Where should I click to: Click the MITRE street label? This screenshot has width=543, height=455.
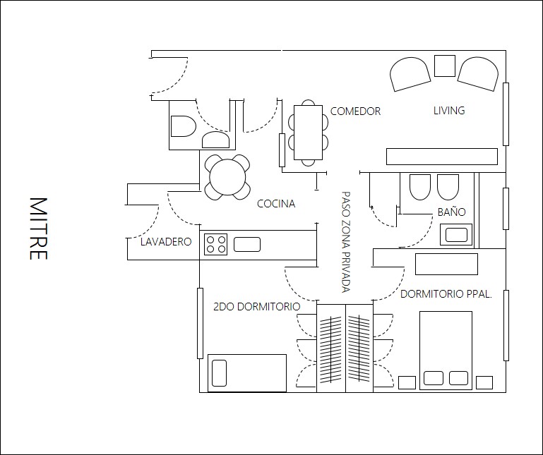click(x=38, y=229)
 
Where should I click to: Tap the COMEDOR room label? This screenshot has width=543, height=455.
click(x=355, y=111)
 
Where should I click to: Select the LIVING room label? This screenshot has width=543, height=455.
click(x=449, y=110)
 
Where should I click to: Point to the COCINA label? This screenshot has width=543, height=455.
click(x=276, y=203)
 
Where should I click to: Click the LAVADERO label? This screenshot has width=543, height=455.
click(x=166, y=241)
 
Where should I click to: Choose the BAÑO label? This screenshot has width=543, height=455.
click(x=452, y=212)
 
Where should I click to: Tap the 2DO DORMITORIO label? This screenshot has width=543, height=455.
click(x=256, y=307)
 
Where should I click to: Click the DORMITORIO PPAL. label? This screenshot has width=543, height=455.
click(x=446, y=293)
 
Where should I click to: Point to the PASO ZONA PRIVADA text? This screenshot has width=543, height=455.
click(x=346, y=242)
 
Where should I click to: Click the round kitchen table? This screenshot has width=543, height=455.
click(x=227, y=177)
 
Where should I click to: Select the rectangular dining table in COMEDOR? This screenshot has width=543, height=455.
click(x=308, y=133)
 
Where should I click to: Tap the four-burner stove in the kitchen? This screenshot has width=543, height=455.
click(x=216, y=244)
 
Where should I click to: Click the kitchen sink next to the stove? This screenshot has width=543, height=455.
click(x=247, y=244)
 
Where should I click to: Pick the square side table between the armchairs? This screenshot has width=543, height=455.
click(x=445, y=66)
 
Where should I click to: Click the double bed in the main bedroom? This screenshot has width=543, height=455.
click(x=446, y=350)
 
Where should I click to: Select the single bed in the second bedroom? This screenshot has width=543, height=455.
click(x=247, y=373)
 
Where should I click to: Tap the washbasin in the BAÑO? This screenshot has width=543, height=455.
click(x=456, y=235)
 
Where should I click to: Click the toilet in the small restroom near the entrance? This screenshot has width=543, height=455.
click(x=183, y=126)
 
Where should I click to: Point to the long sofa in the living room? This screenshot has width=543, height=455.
click(x=442, y=157)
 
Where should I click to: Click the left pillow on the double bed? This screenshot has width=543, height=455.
click(x=434, y=378)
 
